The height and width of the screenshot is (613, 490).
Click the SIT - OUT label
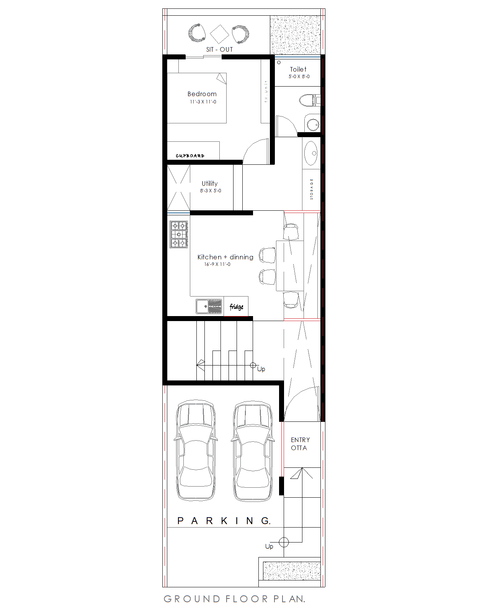(x=219, y=49)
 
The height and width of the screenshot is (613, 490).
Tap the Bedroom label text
(x=202, y=94)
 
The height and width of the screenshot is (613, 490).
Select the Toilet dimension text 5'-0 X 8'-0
(x=299, y=77)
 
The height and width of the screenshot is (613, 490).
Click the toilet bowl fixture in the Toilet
(x=307, y=101)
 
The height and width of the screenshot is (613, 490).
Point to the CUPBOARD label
(x=190, y=156)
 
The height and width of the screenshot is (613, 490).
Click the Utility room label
(x=209, y=184)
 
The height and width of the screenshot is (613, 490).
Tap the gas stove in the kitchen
(x=179, y=234)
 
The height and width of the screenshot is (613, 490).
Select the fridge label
(x=236, y=307)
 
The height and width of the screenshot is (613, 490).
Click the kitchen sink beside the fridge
(x=209, y=306)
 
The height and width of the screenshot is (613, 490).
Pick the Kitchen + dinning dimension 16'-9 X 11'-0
(x=217, y=264)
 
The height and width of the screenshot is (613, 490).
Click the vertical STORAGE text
(x=312, y=189)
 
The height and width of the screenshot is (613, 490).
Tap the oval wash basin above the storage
(x=311, y=153)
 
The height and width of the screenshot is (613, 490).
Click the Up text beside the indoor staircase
(x=261, y=369)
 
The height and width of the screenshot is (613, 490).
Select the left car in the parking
(x=195, y=451)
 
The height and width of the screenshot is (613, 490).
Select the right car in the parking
(x=253, y=451)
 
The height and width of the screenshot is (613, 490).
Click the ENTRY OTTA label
(x=300, y=444)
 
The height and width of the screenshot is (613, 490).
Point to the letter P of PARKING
(x=180, y=521)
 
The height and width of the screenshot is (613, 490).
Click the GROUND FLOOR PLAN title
(x=234, y=599)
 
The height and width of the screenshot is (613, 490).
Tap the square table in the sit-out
(x=219, y=34)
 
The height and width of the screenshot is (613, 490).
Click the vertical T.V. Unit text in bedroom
(x=266, y=91)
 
